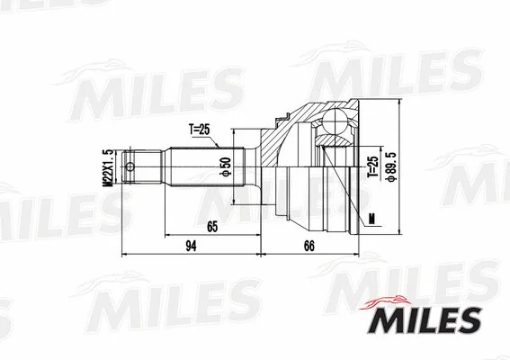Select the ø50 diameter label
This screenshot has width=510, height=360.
[227, 167]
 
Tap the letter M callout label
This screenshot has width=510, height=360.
[371, 216]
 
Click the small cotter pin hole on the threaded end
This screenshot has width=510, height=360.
[130, 167]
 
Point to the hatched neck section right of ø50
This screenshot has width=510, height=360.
[263, 157]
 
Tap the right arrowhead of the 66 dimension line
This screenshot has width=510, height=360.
[357, 256]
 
